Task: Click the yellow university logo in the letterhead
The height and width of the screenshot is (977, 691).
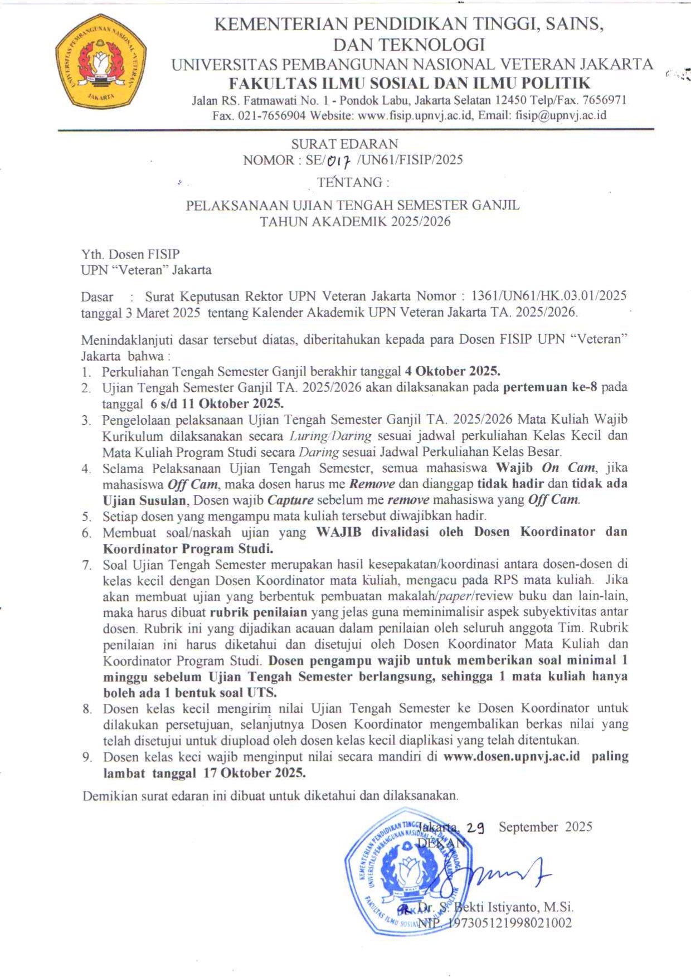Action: point(101,63)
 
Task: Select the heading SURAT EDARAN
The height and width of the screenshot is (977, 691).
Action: point(344,144)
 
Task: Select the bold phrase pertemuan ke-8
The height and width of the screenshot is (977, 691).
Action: point(549,387)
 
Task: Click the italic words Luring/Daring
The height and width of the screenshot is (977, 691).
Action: point(330,436)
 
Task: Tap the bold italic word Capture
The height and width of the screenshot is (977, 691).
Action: point(290,500)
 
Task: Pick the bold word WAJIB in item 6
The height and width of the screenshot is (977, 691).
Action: point(338,532)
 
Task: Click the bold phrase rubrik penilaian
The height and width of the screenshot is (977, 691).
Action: point(259,613)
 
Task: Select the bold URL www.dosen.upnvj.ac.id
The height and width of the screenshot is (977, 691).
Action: point(512,756)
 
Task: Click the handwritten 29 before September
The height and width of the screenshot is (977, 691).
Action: point(475,828)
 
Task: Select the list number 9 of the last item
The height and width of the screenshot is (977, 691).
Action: point(86,757)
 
